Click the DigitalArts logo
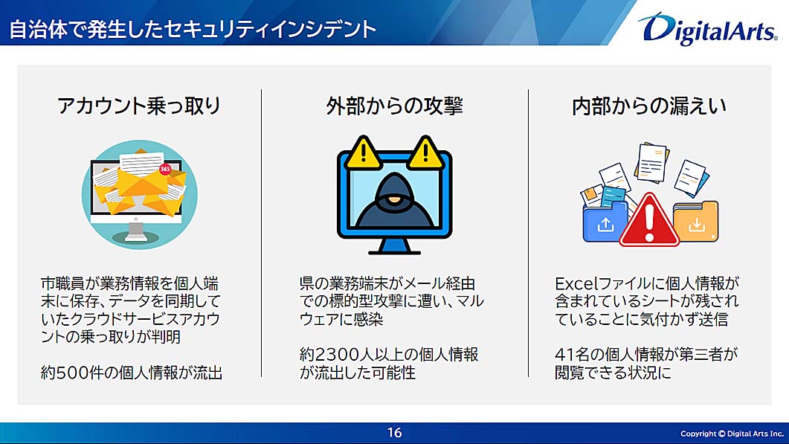click(x=708, y=29)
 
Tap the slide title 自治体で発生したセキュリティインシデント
click(x=193, y=29)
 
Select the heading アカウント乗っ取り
click(x=139, y=106)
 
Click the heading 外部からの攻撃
click(x=394, y=106)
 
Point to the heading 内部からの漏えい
click(x=649, y=106)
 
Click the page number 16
click(x=394, y=432)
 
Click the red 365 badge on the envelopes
click(x=165, y=169)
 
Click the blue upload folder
click(x=605, y=222)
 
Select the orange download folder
click(x=696, y=222)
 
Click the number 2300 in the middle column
click(x=333, y=355)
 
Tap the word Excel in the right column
click(x=574, y=283)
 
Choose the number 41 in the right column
click(x=564, y=355)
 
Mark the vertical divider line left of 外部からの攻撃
click(x=261, y=233)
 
